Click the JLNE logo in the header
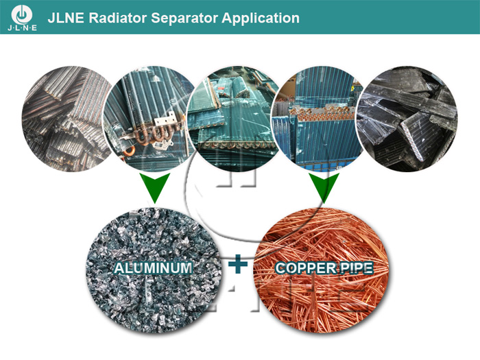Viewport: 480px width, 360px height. coord(22,17)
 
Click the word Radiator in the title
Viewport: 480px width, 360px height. coord(117,18)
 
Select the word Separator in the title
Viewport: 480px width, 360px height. coord(184,19)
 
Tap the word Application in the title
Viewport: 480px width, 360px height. coord(261,19)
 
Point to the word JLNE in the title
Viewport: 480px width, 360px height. coord(66,18)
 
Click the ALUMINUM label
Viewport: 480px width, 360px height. coord(153,268)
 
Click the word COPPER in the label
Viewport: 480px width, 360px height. coord(301,268)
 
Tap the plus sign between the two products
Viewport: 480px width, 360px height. coord(238,264)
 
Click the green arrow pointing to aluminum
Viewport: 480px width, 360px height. coord(154,187)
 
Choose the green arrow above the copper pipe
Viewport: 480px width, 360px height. coord(324,187)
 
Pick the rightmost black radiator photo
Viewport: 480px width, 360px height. coord(407,119)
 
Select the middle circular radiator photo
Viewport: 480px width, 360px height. coord(235,118)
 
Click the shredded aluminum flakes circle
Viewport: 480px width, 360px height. coord(152,270)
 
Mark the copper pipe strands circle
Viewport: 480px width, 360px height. coord(322,270)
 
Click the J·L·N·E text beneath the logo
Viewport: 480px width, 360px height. coord(22,28)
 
